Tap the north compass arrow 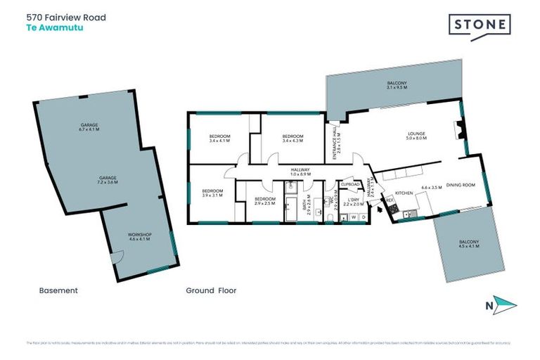tap(504, 305)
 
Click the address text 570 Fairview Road tap(67, 17)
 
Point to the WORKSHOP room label tap(140, 236)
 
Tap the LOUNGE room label tap(416, 135)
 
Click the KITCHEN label tap(403, 192)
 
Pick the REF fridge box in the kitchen tap(389, 200)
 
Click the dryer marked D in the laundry tap(362, 217)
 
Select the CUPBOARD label tap(350, 184)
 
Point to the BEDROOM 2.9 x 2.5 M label tap(264, 201)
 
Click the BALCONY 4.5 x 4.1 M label tap(468, 243)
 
